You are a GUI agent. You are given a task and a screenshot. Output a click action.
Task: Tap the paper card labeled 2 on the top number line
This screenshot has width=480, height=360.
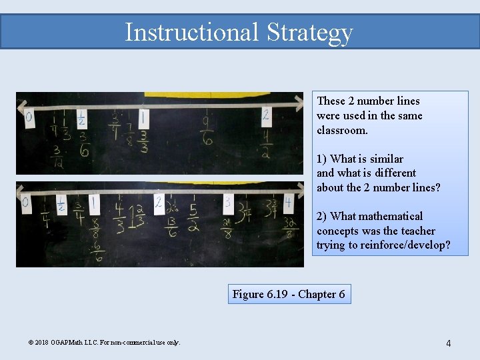point(266,115)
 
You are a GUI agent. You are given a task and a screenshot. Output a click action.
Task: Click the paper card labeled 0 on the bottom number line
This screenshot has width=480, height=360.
point(26,203)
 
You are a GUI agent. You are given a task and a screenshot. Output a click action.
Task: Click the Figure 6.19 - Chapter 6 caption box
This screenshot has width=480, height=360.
point(289,294)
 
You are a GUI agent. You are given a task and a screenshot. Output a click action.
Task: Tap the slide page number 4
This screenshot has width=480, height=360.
point(448,343)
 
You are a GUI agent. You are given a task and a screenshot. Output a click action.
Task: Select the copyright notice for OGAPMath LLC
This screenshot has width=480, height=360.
point(105,342)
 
